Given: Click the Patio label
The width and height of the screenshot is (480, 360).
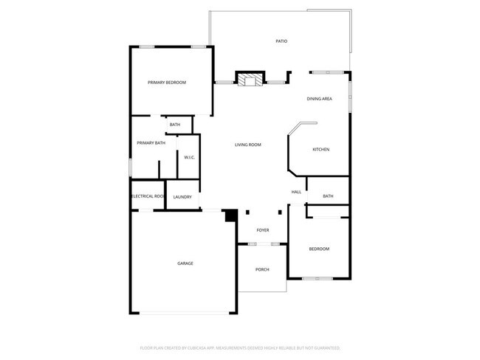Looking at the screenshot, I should (x=281, y=41).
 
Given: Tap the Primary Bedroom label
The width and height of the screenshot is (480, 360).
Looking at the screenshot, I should (x=166, y=83).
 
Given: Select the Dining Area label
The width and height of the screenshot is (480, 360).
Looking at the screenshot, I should (x=320, y=98).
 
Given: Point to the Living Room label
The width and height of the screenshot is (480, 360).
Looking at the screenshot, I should (x=248, y=145).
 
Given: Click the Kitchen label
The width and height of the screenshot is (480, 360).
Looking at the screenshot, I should (x=320, y=150).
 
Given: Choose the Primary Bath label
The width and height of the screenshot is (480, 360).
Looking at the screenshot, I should (x=151, y=142).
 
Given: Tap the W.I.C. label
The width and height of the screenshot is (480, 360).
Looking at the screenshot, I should (x=188, y=157).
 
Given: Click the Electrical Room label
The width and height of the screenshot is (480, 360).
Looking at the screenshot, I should (x=146, y=196).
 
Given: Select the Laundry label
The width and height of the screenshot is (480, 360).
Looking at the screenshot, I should (x=182, y=197).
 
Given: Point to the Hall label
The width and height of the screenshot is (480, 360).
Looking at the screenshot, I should (x=296, y=192).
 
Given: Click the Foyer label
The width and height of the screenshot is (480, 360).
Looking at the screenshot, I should (x=262, y=231).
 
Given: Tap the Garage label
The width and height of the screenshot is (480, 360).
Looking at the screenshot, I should (x=185, y=263).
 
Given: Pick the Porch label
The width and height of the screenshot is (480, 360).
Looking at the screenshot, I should (x=262, y=269).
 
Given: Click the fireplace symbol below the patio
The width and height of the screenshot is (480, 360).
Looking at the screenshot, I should (x=250, y=79).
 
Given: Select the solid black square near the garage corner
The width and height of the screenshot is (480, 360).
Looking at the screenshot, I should (x=230, y=215).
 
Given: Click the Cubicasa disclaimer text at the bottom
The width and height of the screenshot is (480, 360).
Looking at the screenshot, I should (x=240, y=347).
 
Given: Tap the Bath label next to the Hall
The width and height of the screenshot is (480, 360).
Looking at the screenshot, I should (x=328, y=196).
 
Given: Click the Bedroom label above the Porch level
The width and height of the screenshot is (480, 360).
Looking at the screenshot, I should (x=319, y=249).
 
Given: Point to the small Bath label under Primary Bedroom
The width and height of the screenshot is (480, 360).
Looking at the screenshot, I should (x=175, y=125).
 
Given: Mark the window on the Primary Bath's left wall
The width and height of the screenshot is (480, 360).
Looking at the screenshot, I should (x=131, y=167).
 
